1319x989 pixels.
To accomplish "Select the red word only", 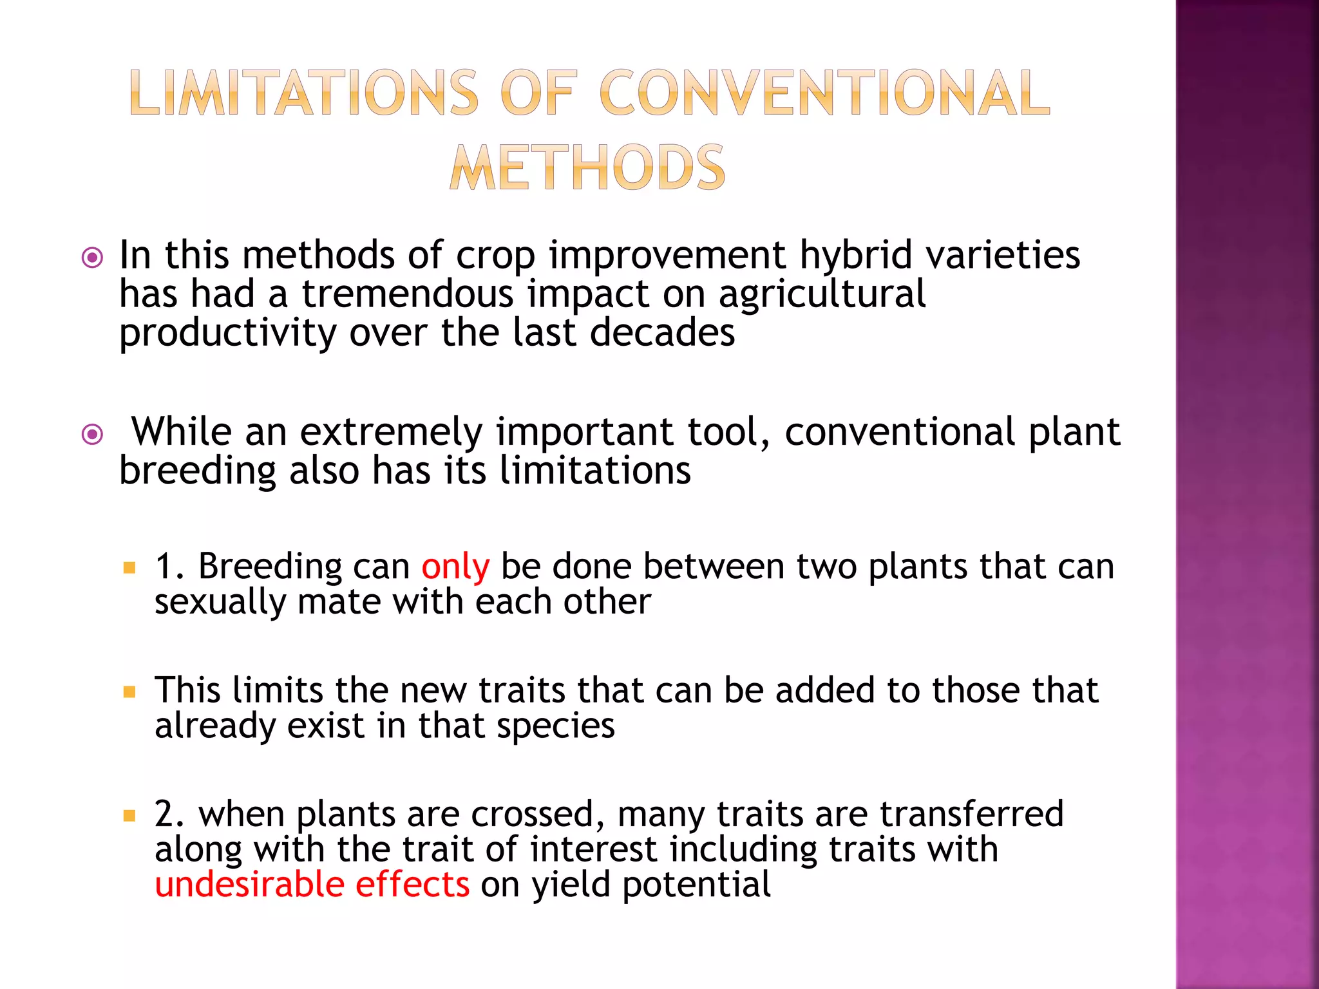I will (455, 567).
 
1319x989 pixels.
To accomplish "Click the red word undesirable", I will (249, 884).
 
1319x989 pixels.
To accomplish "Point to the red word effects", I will (412, 884).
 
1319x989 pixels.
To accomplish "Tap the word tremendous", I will (408, 294).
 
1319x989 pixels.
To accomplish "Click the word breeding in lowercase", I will (198, 471).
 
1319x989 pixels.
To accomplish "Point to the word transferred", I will (972, 813).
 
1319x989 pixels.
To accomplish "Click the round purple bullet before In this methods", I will (93, 258).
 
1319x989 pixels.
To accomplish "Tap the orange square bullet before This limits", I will (129, 692).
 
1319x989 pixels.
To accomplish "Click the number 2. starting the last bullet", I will (169, 814).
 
